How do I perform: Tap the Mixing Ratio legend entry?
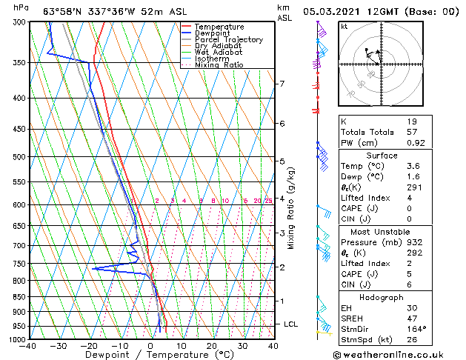click(x=219, y=65)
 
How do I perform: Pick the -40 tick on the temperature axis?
click(x=28, y=346)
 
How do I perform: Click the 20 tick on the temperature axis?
click(x=212, y=346)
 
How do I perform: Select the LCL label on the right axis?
click(x=292, y=324)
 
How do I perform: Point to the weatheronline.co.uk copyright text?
click(x=397, y=354)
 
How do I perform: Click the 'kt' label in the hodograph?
click(x=344, y=27)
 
